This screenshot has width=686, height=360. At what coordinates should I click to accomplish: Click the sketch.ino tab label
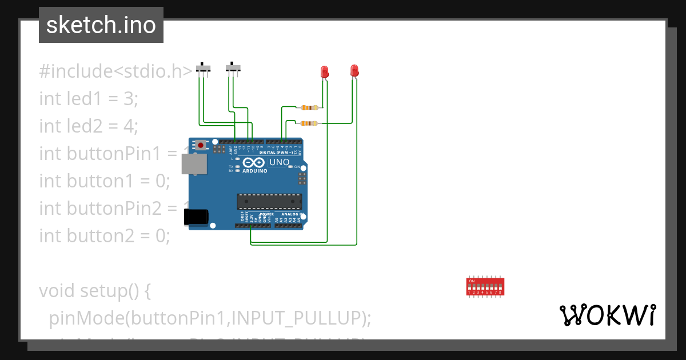tap(101, 25)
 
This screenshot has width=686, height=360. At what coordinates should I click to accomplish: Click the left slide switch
tap(203, 68)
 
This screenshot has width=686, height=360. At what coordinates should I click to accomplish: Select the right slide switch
tap(233, 68)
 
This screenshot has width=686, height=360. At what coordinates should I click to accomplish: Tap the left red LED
tap(324, 72)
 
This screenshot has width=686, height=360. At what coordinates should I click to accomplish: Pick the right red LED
tap(354, 71)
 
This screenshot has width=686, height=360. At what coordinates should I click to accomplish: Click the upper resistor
tap(309, 107)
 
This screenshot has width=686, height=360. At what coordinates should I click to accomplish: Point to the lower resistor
tap(309, 123)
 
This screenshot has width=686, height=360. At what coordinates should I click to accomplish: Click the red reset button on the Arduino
tap(201, 146)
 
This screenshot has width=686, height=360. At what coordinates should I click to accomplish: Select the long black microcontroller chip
tap(270, 201)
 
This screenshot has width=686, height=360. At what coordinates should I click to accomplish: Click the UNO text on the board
tap(279, 162)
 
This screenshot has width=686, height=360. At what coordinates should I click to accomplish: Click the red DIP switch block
tap(485, 286)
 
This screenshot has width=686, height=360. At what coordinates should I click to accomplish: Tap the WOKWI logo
tap(607, 315)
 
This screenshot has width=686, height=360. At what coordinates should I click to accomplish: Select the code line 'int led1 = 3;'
tap(89, 99)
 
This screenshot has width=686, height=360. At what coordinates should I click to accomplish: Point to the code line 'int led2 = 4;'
tap(89, 126)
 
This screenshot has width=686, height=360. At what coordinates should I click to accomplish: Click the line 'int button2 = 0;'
tap(105, 235)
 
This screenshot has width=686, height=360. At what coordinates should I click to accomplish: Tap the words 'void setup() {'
tap(95, 291)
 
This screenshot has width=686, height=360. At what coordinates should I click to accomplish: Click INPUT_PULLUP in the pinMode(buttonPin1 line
tap(297, 318)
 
